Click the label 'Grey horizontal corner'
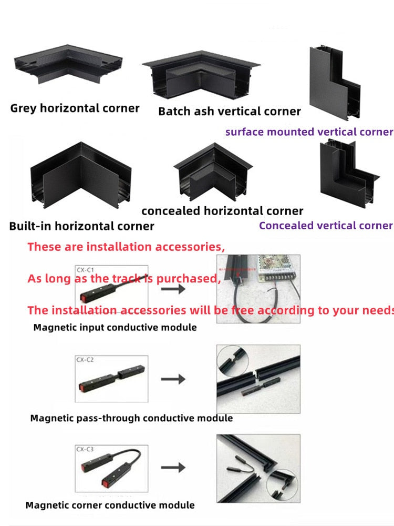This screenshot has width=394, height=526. tap(75, 108)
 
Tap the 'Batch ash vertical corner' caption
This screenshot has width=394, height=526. tap(229, 112)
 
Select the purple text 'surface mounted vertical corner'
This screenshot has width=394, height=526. tap(309, 132)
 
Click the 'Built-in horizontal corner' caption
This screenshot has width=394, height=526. tap(81, 226)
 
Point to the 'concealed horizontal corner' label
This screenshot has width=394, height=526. tap(222, 211)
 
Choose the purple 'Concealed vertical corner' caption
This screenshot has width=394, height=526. tap(326, 226)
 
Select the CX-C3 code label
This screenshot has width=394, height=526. tap(85, 449)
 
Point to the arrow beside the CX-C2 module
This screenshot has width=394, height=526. tap(173, 379)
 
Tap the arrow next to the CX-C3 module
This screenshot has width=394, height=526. tap(173, 467)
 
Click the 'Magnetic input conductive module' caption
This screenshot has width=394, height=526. tap(115, 327)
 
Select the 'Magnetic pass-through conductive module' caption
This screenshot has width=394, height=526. tap(131, 418)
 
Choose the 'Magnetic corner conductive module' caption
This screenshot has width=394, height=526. tap(110, 505)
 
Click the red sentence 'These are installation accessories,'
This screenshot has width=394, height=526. tap(126, 246)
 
